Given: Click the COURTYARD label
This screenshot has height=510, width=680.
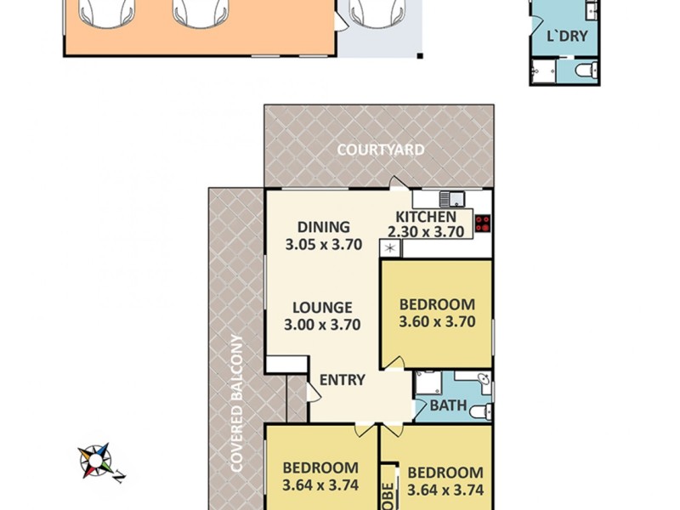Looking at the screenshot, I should pos(380,150).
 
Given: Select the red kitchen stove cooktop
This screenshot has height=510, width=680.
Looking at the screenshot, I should pos(483,224).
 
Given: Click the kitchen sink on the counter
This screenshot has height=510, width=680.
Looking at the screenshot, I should pos(450,200).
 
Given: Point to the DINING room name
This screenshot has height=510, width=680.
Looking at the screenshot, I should pos(323,227).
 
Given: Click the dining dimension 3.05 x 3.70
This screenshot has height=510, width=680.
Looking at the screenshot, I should pos(323,244).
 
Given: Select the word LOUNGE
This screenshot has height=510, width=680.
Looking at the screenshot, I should pos(323,307).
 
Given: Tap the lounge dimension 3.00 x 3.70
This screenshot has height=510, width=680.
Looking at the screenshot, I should pos(323,324).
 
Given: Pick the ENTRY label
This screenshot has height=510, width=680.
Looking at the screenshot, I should pos(342,380).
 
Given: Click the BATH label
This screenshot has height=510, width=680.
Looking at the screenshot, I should pos(448,406).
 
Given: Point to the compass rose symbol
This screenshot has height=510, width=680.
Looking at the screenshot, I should pos(97,462).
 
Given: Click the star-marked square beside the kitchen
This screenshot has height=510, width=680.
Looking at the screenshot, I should pos(391,248).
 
